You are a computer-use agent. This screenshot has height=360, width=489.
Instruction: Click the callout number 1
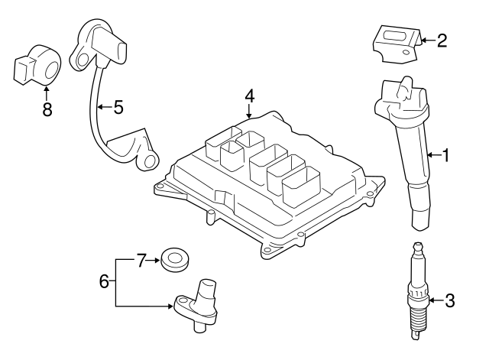(x=445, y=156)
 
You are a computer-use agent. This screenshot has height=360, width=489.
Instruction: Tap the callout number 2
(x=442, y=40)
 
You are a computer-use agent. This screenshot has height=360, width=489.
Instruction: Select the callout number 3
(x=449, y=300)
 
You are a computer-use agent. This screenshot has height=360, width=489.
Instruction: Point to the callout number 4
(x=249, y=96)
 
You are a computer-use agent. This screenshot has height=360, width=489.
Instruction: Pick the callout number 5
(x=118, y=107)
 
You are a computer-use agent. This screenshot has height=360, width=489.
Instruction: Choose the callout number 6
(x=105, y=281)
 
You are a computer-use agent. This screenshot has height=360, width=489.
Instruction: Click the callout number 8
(x=47, y=109)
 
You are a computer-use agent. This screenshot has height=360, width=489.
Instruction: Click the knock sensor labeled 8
(x=37, y=67)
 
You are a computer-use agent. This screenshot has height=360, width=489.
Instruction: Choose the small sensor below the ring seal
(x=199, y=303)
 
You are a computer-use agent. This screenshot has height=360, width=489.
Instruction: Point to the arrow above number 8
(x=47, y=93)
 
